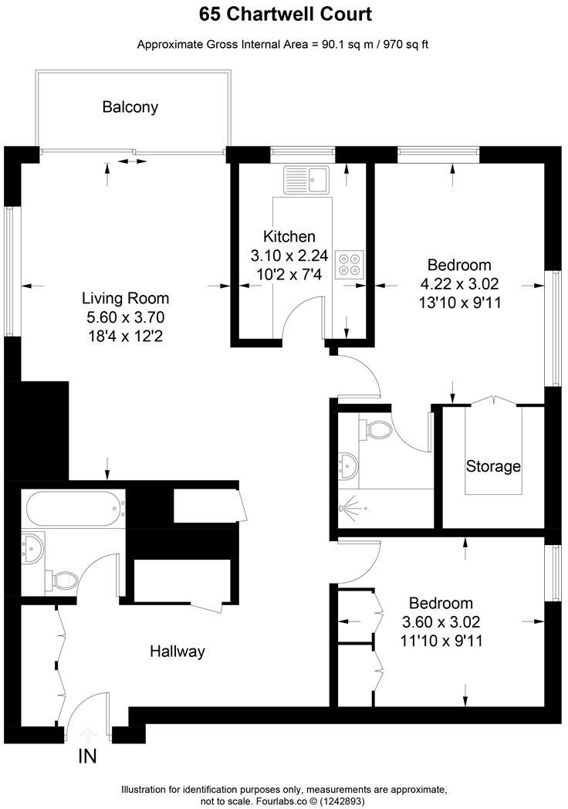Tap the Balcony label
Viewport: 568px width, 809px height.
pos(130,107)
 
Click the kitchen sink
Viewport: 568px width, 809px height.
pos(306,179)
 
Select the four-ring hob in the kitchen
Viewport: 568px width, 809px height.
pos(349,264)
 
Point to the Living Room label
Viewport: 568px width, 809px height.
pos(126,298)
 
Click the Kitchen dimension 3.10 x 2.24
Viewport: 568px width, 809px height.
pos(289,254)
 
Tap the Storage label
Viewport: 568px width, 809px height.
pos(493,466)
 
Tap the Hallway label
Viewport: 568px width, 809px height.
pos(177,652)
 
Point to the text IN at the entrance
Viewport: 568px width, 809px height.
pos(87,756)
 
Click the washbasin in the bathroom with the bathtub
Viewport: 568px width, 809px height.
pos(33,547)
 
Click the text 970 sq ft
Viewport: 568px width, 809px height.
pos(403,44)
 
